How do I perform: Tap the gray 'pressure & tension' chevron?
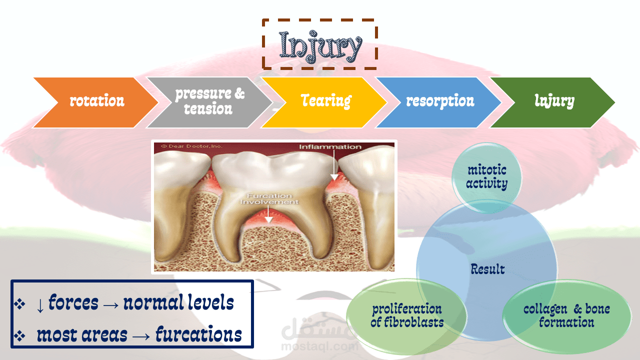pos(210,102)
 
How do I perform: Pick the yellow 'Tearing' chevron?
pos(324,102)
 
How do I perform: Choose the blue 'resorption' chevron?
pos(438,102)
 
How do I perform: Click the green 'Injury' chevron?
pos(553,102)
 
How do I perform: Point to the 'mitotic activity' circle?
pos(486,177)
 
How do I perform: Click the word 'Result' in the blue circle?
pos(487,269)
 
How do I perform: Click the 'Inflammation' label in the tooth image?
pos(330,147)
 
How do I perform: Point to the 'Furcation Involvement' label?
pos(269,199)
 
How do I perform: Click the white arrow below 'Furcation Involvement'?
pos(268,214)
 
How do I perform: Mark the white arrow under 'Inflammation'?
pos(334,165)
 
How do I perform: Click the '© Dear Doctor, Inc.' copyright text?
pos(191,146)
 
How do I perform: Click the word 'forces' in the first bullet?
pos(73,302)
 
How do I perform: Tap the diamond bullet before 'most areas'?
pos(19,335)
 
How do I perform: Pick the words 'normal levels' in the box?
pos(178,302)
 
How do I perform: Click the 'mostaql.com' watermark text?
pos(319,346)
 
